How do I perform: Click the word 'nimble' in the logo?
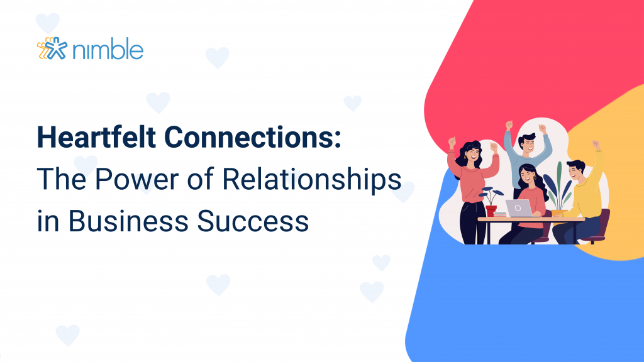(108, 50)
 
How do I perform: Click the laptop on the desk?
(519, 209)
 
